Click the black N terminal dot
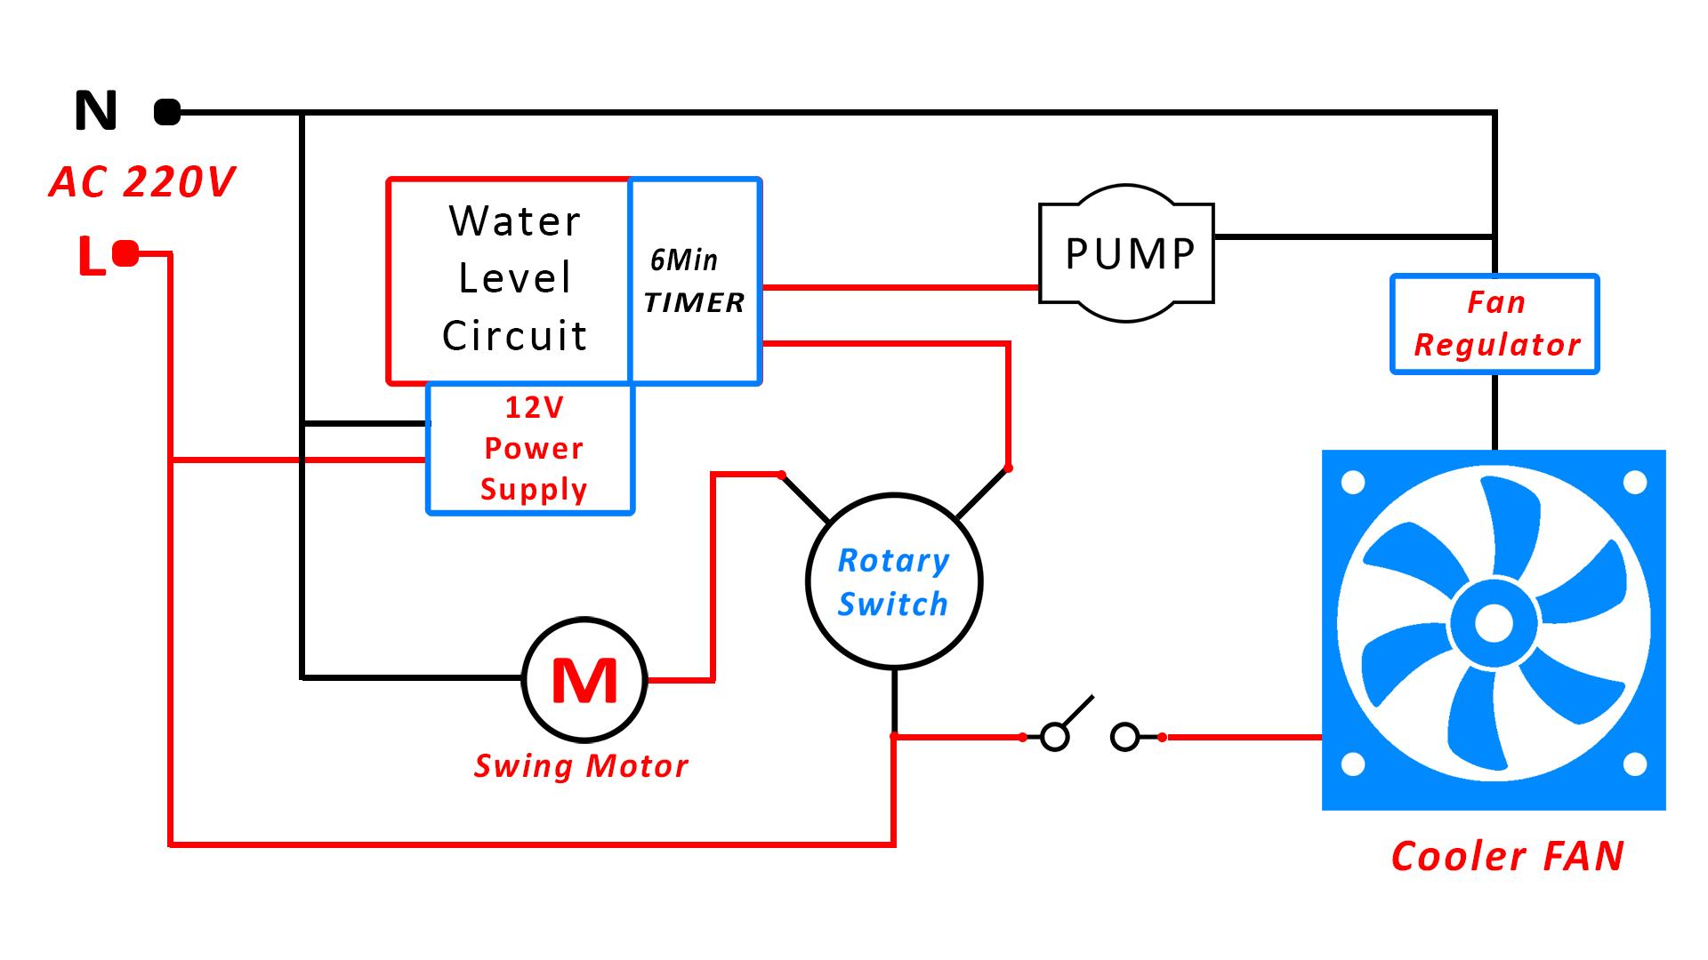[x=167, y=113]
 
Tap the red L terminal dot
[x=126, y=255]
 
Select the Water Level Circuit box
[x=514, y=279]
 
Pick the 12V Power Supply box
[x=532, y=449]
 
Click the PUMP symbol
[x=1127, y=254]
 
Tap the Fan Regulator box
[x=1494, y=324]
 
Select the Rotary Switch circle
[x=893, y=581]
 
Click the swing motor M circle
[x=584, y=680]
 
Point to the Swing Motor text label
[x=581, y=766]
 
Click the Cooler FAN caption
[x=1507, y=857]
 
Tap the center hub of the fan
[x=1493, y=624]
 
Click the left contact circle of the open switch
[x=1054, y=737]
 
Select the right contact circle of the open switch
[x=1125, y=737]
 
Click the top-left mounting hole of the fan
[x=1353, y=484]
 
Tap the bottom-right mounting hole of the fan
[x=1635, y=764]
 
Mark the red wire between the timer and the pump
[x=898, y=287]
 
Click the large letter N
[x=95, y=112]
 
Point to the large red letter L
[x=92, y=257]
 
